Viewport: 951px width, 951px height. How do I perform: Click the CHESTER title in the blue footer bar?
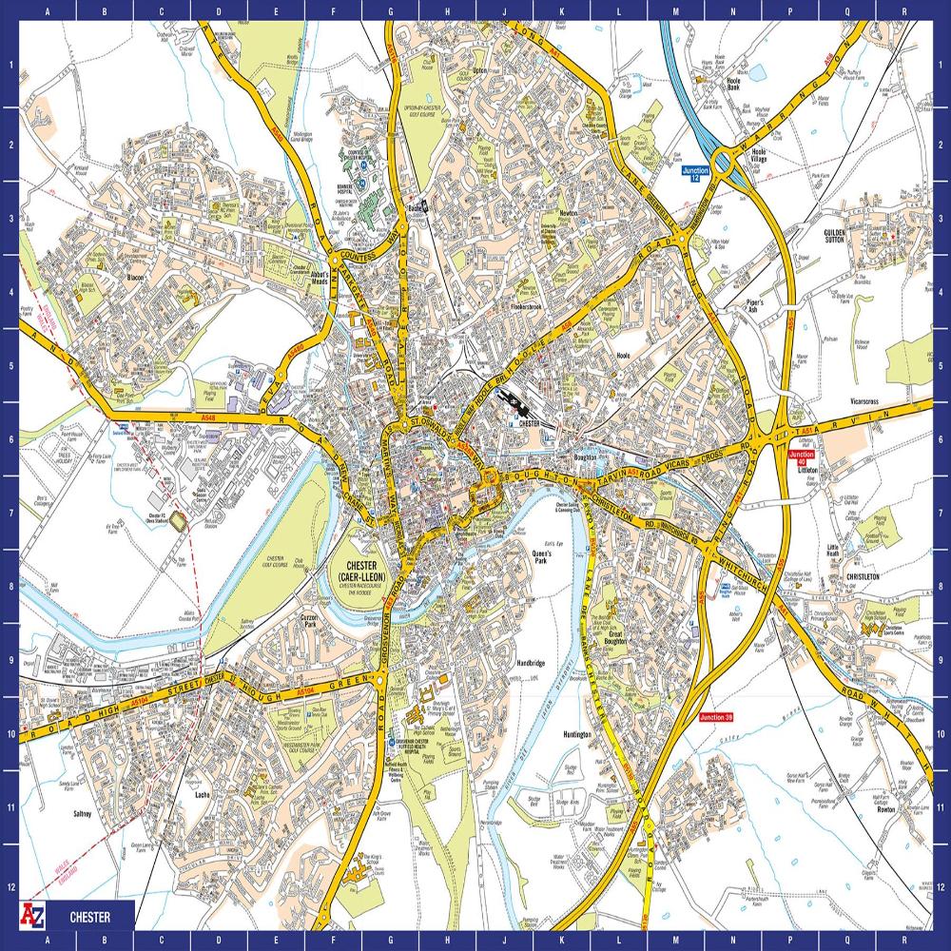[89, 918]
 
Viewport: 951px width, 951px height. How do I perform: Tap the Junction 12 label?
[696, 174]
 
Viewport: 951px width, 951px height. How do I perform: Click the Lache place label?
[202, 794]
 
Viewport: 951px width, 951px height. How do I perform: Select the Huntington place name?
[576, 735]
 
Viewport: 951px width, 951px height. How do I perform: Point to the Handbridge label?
[530, 663]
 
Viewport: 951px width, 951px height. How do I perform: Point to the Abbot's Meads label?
[325, 278]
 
